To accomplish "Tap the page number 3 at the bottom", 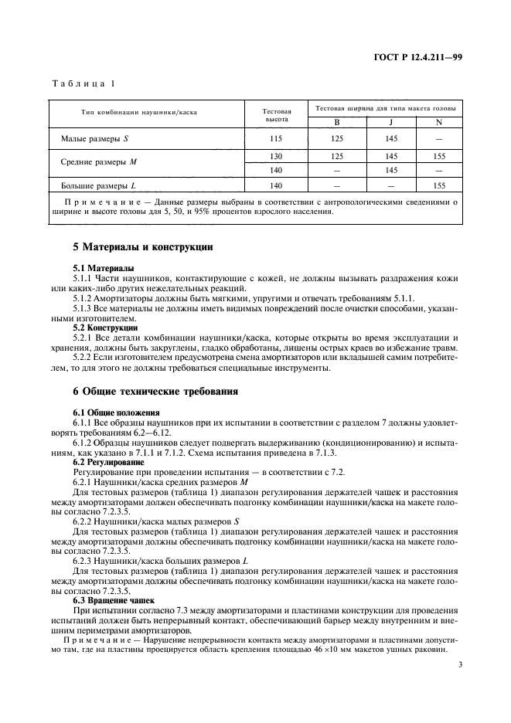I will (459, 664).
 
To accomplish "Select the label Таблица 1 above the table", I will (82, 83).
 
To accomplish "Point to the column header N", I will (439, 123).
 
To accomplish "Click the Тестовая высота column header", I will (277, 115).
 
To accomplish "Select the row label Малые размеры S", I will (95, 139).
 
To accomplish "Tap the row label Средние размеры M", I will (98, 162).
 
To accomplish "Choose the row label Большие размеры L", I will (98, 185).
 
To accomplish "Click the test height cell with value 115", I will (277, 139).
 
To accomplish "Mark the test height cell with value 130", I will (277, 155).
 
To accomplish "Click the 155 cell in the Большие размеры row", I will (439, 185).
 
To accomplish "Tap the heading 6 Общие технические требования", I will (155, 392).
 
